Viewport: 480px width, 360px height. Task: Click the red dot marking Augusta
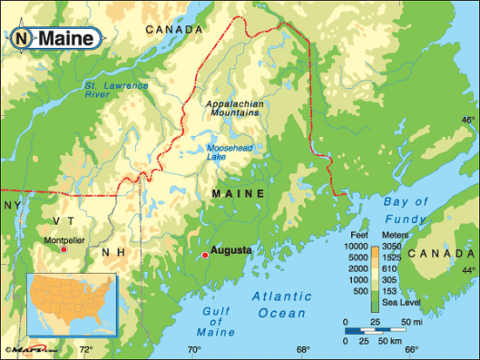pos(205,255)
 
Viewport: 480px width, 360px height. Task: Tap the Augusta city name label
pos(232,250)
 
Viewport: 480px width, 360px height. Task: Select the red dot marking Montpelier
pos(63,250)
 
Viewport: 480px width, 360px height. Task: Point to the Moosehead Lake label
pos(230,152)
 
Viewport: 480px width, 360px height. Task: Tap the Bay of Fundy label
pos(406,211)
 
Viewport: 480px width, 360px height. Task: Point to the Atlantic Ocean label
pos(281,305)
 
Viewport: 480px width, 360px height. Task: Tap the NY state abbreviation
pos(12,205)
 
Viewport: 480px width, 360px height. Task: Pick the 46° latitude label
pos(469,120)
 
